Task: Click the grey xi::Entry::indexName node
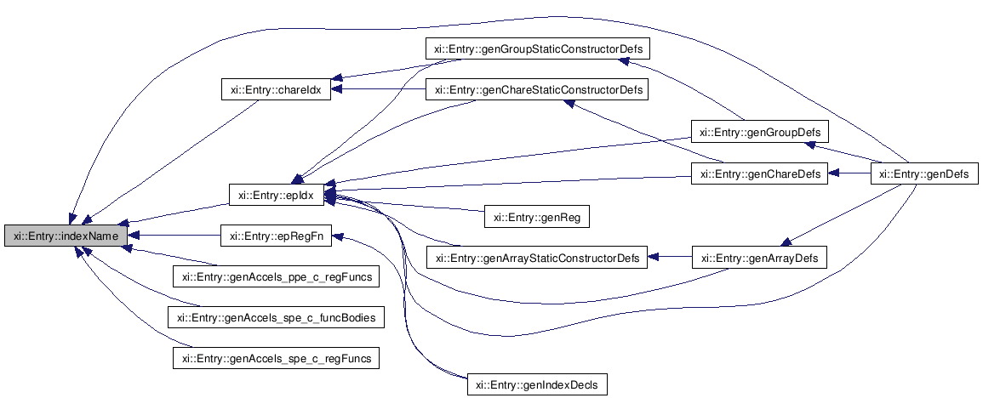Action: tap(66, 235)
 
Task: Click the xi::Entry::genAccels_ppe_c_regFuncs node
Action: tap(276, 276)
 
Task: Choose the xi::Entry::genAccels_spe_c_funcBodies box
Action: tap(276, 317)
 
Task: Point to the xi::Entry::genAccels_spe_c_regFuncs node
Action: tap(276, 358)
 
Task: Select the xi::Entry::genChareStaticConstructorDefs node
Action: tap(538, 89)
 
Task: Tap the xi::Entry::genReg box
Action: tap(537, 216)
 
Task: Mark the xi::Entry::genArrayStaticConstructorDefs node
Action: tap(537, 257)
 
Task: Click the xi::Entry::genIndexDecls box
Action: tap(538, 384)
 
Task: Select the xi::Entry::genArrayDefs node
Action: tap(759, 257)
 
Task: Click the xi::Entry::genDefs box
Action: tap(924, 174)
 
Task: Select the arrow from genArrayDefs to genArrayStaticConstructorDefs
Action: tap(671, 256)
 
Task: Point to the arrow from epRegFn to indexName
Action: tap(174, 235)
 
